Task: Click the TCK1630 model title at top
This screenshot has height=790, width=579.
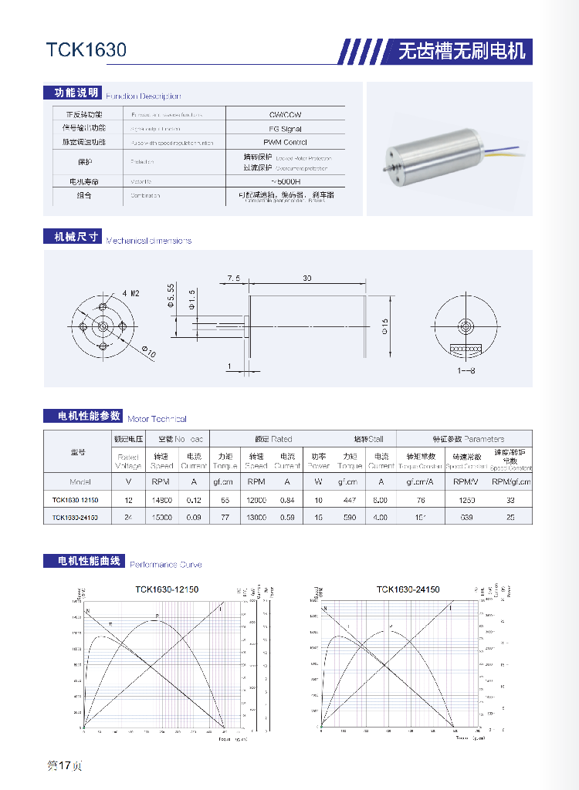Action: pyautogui.click(x=86, y=50)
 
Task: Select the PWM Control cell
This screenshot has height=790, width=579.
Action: pyautogui.click(x=285, y=142)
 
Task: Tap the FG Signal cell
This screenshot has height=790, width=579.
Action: pyautogui.click(x=285, y=129)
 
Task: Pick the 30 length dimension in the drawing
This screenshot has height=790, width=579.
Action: pyautogui.click(x=307, y=277)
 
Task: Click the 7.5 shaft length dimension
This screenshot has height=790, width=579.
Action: pyautogui.click(x=234, y=277)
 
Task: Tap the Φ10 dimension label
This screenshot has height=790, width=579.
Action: pyautogui.click(x=149, y=352)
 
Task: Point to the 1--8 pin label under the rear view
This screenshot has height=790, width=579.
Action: pyautogui.click(x=466, y=371)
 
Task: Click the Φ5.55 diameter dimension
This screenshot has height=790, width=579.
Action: pyautogui.click(x=171, y=296)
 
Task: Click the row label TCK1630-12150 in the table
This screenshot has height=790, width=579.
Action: pyautogui.click(x=76, y=500)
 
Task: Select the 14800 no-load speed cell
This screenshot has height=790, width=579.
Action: pyautogui.click(x=161, y=500)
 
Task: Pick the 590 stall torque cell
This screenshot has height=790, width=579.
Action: pyautogui.click(x=350, y=517)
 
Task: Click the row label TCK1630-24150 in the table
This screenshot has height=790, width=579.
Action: pyautogui.click(x=76, y=517)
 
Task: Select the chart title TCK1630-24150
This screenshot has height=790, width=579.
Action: pyautogui.click(x=408, y=589)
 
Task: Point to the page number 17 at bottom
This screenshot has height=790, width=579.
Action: pyautogui.click(x=65, y=765)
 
